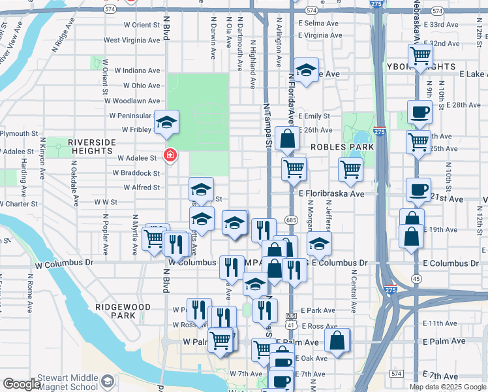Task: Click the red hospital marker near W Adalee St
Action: click(170, 155)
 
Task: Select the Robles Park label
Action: click(342, 147)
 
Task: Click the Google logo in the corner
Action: click(22, 384)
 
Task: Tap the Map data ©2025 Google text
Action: click(448, 387)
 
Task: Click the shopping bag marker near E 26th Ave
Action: click(287, 139)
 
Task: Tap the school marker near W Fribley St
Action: click(166, 122)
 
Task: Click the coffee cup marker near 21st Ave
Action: click(418, 189)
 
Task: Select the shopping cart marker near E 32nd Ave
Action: click(420, 55)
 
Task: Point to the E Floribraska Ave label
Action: click(331, 194)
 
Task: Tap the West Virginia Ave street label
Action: click(132, 41)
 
